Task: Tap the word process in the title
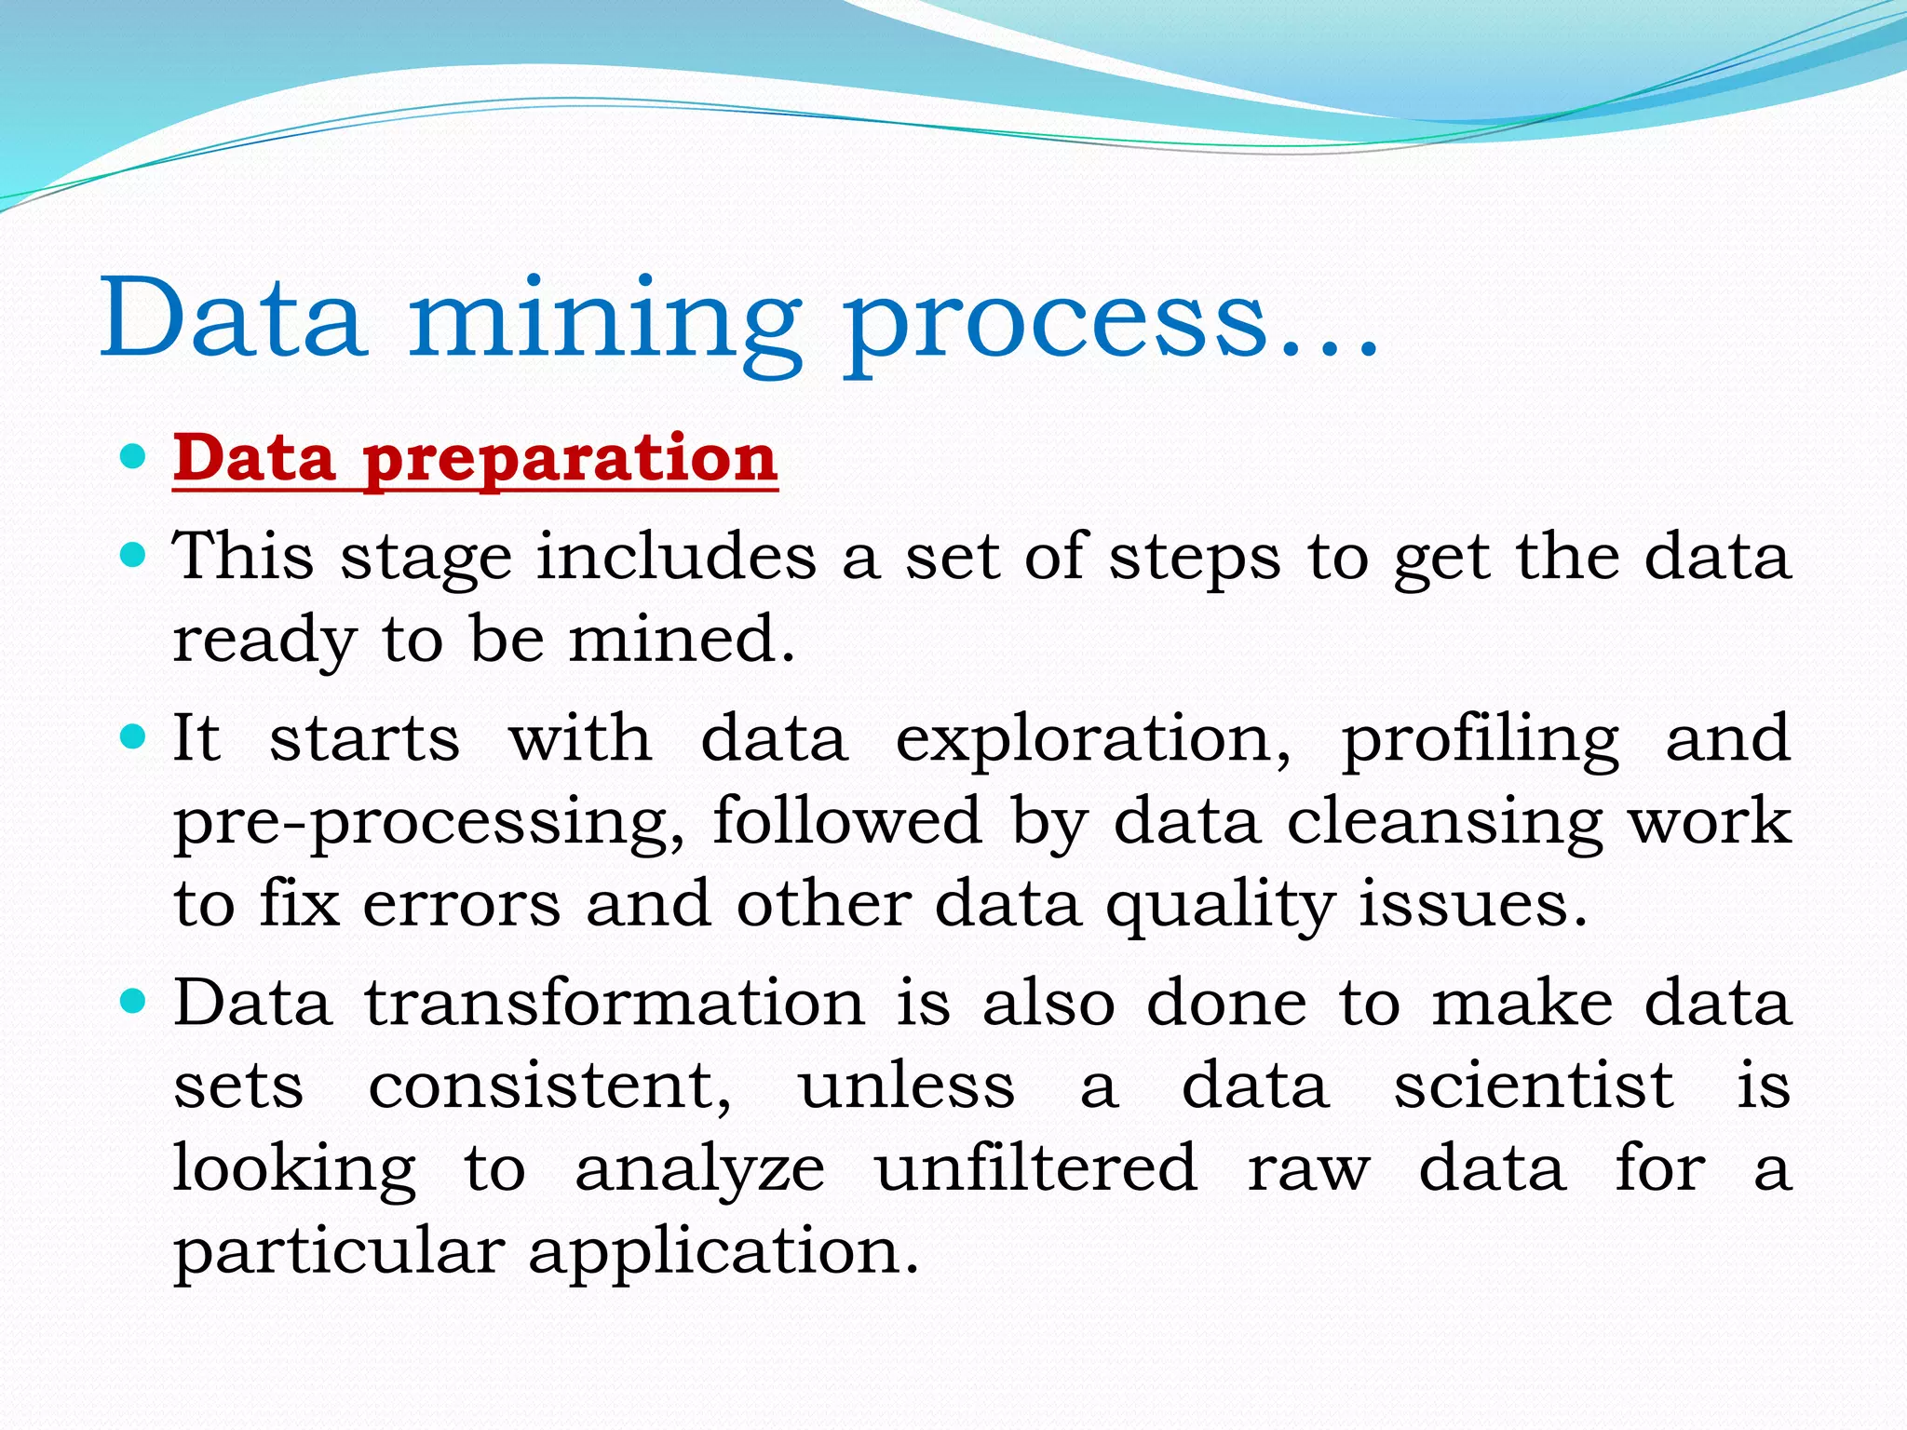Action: [x=1057, y=321]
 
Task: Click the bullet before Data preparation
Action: [x=135, y=456]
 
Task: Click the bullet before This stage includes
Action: [x=135, y=556]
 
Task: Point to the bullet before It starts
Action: [x=135, y=737]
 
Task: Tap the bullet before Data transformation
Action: [x=135, y=1002]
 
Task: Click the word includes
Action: [x=676, y=557]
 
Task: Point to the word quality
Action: [x=1219, y=906]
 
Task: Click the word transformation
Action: [x=615, y=1004]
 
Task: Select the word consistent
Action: [x=549, y=1086]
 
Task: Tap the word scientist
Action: [x=1533, y=1086]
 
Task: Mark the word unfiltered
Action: [x=1035, y=1168]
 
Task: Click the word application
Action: [x=724, y=1252]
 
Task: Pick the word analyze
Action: [x=699, y=1170]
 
